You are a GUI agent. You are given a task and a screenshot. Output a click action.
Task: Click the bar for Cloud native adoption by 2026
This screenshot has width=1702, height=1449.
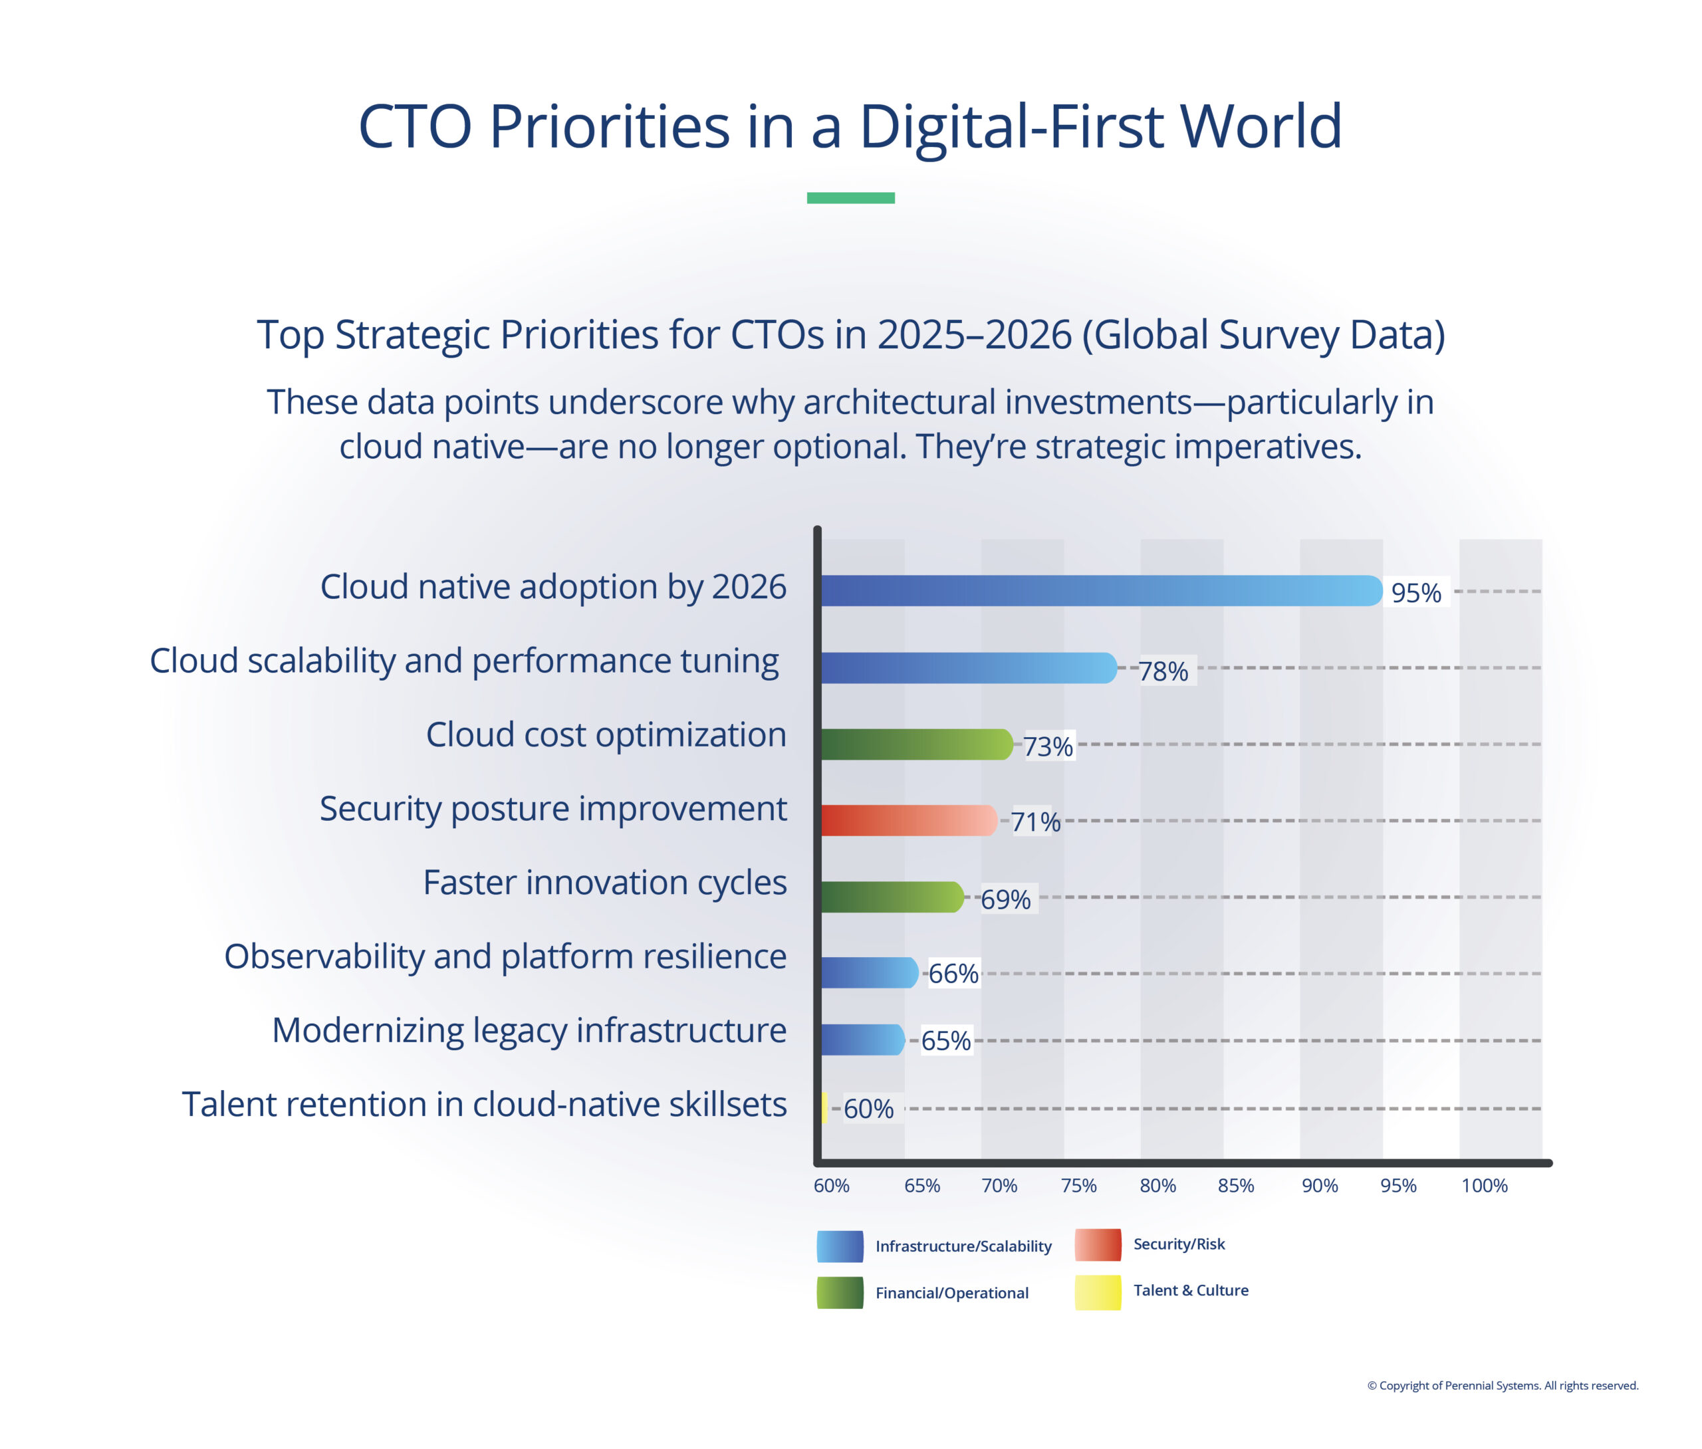[1101, 591]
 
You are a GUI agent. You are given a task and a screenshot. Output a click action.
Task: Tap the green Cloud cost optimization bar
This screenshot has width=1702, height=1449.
[916, 744]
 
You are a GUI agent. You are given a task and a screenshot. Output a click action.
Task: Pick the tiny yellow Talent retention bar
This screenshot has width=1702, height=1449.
[824, 1108]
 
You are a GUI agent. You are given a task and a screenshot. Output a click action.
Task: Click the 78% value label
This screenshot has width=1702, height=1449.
[1163, 671]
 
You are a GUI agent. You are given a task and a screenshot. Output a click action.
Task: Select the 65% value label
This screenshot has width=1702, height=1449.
[945, 1041]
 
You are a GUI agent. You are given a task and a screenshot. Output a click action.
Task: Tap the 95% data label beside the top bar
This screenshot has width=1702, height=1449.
[1416, 593]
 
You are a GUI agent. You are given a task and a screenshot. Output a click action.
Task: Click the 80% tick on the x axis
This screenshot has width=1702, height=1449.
[1157, 1185]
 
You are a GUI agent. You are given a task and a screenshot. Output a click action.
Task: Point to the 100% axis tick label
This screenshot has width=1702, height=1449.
[1483, 1185]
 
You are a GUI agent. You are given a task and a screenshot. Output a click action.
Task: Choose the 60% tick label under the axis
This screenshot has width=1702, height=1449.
[831, 1185]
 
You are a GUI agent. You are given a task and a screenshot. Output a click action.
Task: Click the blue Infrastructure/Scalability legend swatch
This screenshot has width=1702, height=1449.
[840, 1246]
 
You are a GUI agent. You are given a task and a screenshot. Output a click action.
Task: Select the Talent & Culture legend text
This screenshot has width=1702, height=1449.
[1190, 1290]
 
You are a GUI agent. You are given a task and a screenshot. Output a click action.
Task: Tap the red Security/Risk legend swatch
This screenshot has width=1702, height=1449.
[1098, 1244]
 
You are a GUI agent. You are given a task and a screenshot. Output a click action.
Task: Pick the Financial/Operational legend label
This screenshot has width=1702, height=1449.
[951, 1293]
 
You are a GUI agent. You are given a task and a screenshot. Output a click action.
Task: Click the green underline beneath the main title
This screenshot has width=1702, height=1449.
[850, 198]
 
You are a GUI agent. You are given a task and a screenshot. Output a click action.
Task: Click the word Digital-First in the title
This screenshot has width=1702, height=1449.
[1011, 128]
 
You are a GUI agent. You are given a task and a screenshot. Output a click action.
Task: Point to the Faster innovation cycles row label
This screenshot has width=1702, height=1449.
[604, 882]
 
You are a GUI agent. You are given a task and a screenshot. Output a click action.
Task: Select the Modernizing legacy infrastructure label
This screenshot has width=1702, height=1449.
[529, 1030]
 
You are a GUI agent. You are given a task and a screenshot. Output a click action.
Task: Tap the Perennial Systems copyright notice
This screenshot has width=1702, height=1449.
[1503, 1386]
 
